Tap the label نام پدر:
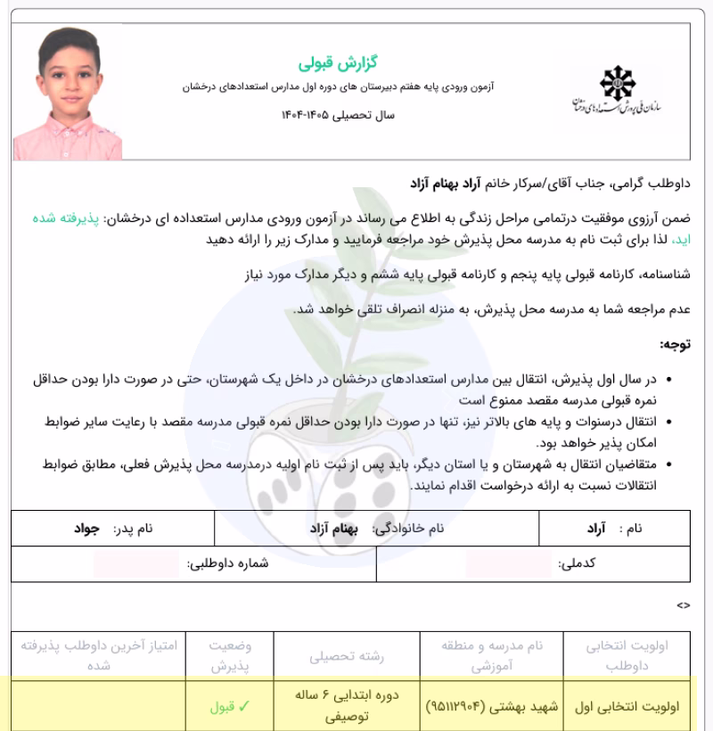(x=133, y=528)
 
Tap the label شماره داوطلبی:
(x=228, y=564)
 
